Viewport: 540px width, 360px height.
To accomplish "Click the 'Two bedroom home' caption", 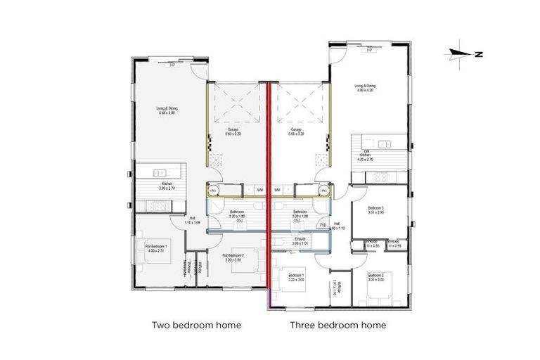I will (x=196, y=326).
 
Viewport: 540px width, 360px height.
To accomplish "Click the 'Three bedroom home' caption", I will (x=337, y=326).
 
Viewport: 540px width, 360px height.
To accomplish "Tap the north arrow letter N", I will (x=477, y=53).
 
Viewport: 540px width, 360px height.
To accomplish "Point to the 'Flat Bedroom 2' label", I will (x=233, y=257).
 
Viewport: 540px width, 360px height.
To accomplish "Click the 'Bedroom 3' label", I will (x=376, y=208).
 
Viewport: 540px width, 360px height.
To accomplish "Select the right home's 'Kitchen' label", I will (x=365, y=155).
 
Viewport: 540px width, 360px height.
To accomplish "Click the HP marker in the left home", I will (x=172, y=66).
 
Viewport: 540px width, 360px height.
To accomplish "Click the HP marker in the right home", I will (x=368, y=50).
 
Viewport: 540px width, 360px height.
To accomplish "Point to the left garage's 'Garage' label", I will (x=233, y=131).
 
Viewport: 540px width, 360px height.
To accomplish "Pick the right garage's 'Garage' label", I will (x=297, y=131).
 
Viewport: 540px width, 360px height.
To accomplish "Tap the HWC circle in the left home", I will (x=213, y=190).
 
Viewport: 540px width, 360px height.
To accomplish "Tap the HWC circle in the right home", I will (x=324, y=190).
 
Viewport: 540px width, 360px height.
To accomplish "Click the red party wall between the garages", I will (x=270, y=141).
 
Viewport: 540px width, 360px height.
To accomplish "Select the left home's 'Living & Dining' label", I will (x=167, y=110).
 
